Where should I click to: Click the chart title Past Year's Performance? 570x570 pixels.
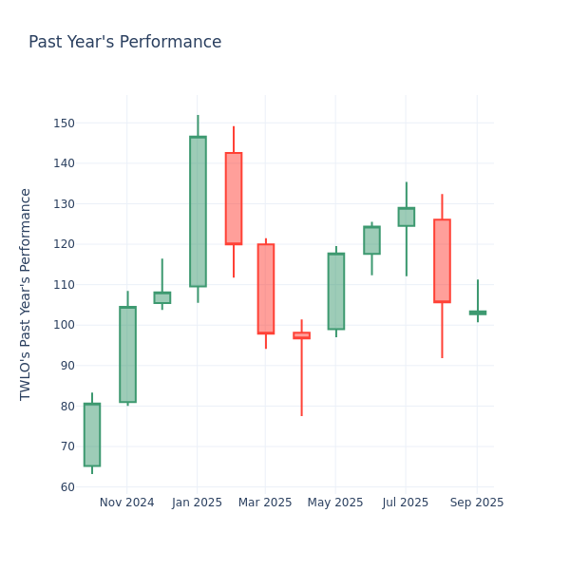124,43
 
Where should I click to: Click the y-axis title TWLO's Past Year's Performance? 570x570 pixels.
26,294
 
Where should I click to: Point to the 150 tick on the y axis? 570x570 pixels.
65,123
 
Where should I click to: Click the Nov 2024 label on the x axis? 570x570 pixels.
126,503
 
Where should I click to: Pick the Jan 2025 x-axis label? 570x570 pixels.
197,503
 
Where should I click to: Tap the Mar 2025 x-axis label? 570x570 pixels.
265,503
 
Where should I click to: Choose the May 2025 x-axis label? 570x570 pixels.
335,503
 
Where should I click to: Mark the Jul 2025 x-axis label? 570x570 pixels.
406,503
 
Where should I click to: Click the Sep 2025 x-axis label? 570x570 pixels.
477,503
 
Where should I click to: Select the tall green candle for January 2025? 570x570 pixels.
198,212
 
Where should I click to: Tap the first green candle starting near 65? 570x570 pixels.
92,435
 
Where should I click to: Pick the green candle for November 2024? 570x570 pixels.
127,354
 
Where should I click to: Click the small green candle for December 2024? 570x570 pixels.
162,297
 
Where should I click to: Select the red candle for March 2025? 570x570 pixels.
266,289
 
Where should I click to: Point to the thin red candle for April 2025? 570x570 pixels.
301,335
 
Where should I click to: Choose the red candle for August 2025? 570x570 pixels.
442,260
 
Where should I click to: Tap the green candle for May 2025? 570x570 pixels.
336,292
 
